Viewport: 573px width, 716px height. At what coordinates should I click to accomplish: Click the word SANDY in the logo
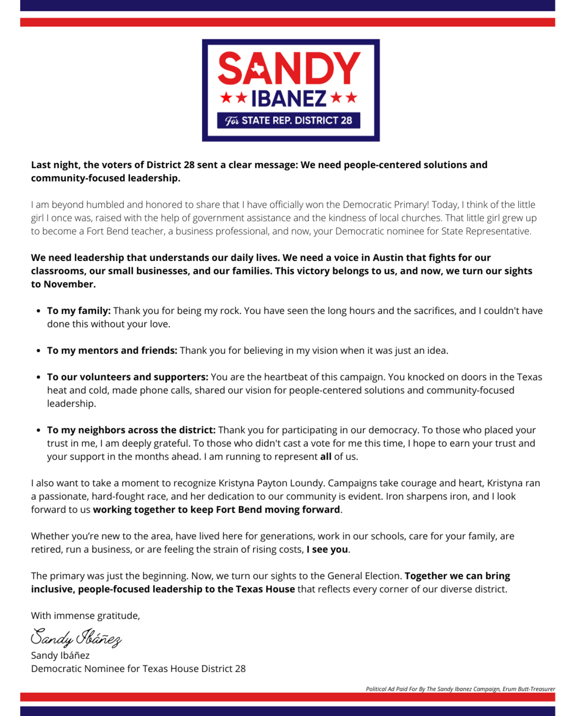coord(289,69)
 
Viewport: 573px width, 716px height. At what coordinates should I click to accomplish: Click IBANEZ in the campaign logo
coord(289,99)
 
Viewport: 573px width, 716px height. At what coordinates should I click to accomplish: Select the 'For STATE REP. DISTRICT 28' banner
coord(289,120)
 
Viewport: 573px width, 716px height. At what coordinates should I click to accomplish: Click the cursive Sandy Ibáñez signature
coord(76,637)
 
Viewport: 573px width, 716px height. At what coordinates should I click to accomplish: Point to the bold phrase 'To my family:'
coord(79,311)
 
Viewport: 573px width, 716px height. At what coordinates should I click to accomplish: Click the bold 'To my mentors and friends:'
coord(112,350)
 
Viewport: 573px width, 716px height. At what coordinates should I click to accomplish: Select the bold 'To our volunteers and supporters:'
coord(127,377)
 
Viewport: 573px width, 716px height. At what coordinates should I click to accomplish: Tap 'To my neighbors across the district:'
coord(131,430)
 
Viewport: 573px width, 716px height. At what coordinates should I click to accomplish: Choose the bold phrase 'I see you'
coord(327,549)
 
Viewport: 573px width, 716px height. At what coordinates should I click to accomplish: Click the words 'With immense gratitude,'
coord(85,616)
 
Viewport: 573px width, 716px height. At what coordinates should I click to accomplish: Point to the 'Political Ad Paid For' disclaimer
coord(460,689)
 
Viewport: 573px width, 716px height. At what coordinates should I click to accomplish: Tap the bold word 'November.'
coord(70,284)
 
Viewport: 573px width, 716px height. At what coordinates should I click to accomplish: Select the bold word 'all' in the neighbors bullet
coord(326,457)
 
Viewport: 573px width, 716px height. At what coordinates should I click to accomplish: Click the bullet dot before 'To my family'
coord(39,311)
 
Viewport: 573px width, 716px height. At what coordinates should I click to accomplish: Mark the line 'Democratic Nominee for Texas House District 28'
coord(138,669)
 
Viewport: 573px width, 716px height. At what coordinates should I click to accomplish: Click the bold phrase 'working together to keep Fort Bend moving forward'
coord(216,510)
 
